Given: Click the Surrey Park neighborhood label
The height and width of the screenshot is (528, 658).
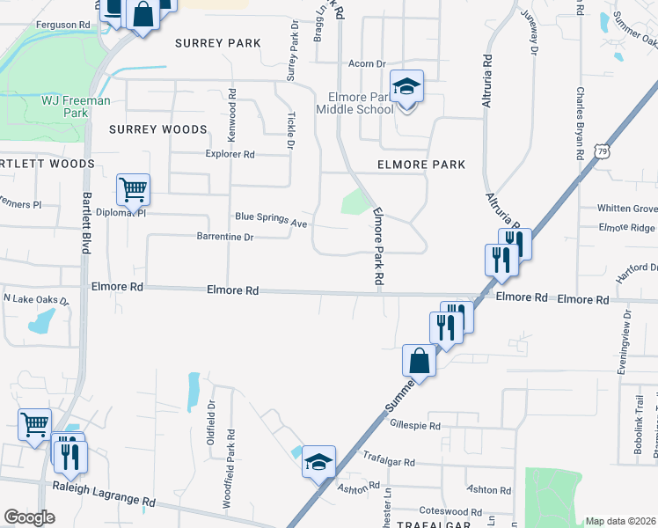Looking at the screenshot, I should tap(217, 43).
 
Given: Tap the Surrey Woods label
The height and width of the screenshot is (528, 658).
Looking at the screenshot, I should tap(158, 129).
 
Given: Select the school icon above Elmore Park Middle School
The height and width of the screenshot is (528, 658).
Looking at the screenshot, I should tap(406, 87).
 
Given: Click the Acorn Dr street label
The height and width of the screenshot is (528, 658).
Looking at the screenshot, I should tap(368, 64).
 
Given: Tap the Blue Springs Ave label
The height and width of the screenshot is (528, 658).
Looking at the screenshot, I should tap(271, 219).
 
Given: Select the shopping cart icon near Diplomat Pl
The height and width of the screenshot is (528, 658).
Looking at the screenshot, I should tap(133, 187).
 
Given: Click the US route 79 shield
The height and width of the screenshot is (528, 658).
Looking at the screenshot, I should tap(602, 151).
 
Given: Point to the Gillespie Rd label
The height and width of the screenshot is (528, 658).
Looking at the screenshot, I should tap(413, 425).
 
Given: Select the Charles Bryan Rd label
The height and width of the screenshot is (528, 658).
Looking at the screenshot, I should tap(581, 121).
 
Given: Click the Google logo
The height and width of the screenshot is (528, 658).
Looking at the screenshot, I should tap(29, 517).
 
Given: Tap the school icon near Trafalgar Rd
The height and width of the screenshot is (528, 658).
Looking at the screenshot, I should tap(318, 461).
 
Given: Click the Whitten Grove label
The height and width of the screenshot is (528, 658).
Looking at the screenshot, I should tap(627, 209).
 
